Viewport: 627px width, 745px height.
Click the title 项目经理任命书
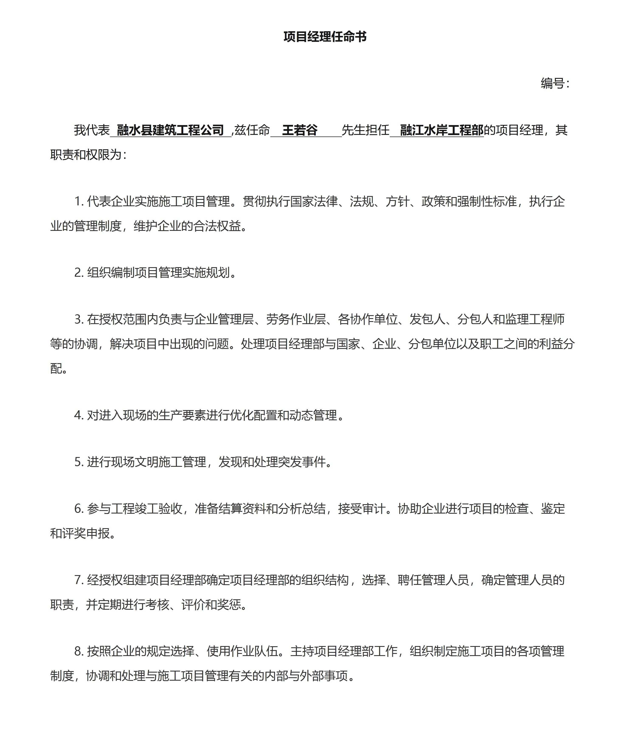point(325,37)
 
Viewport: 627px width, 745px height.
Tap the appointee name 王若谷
point(300,130)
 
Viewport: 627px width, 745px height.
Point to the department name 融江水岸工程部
point(441,130)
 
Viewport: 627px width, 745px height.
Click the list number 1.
point(78,202)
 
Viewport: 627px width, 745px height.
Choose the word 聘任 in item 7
point(409,580)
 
